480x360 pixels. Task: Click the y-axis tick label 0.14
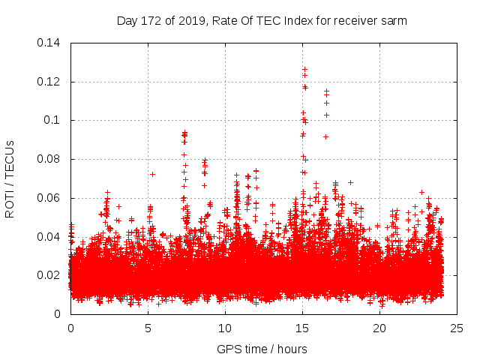[51, 42]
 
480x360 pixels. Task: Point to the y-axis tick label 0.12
[51, 81]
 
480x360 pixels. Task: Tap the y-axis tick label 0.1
[54, 120]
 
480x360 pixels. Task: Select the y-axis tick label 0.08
[51, 159]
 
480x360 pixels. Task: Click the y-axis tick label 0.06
[51, 198]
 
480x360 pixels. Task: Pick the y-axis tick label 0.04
[51, 237]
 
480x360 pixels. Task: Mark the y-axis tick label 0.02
[51, 275]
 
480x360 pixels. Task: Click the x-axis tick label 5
[148, 328]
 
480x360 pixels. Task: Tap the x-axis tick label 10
[225, 328]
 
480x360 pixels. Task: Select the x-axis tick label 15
[302, 328]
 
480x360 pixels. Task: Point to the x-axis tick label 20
[380, 328]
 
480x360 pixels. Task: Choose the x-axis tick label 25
[457, 328]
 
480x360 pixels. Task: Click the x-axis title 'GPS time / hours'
[262, 349]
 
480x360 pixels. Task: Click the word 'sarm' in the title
[393, 21]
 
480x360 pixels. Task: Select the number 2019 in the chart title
[191, 21]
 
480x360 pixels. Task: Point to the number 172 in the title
[153, 21]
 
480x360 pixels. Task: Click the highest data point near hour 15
[304, 69]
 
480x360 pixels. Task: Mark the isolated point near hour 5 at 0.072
[152, 174]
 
